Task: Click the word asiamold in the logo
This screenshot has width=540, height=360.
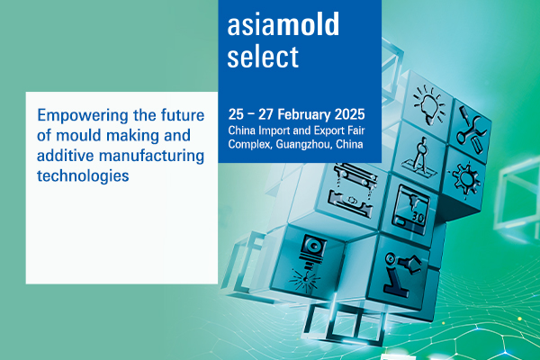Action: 283,24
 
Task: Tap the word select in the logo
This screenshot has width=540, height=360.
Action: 263,56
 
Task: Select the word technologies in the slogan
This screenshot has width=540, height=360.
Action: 83,175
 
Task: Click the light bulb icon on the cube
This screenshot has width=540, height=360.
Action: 429,104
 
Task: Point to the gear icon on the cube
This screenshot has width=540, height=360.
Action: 465,179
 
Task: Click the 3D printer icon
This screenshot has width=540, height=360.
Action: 411,210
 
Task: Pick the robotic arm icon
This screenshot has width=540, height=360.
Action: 401,274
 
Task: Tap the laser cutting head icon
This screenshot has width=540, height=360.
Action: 308,264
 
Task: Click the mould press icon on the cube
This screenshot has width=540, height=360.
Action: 352,190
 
